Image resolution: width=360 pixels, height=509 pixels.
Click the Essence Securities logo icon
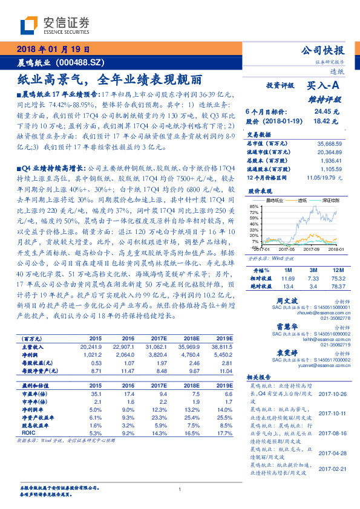[x=31, y=25]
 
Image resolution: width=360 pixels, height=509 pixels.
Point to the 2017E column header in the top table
[x=157, y=338]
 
